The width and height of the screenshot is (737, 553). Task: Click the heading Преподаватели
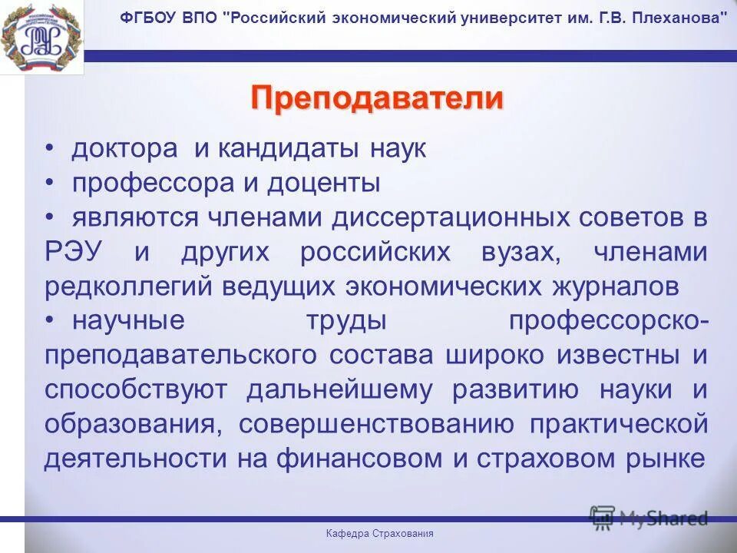tap(377, 99)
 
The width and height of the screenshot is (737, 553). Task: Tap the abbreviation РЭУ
tap(75, 253)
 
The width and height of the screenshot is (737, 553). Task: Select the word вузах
tap(523, 253)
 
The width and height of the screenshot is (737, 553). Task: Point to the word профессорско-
tap(608, 321)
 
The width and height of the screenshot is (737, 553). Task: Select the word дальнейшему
tap(339, 390)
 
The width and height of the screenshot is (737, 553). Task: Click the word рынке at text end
tap(667, 459)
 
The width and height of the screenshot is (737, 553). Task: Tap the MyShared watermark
tap(649, 518)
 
